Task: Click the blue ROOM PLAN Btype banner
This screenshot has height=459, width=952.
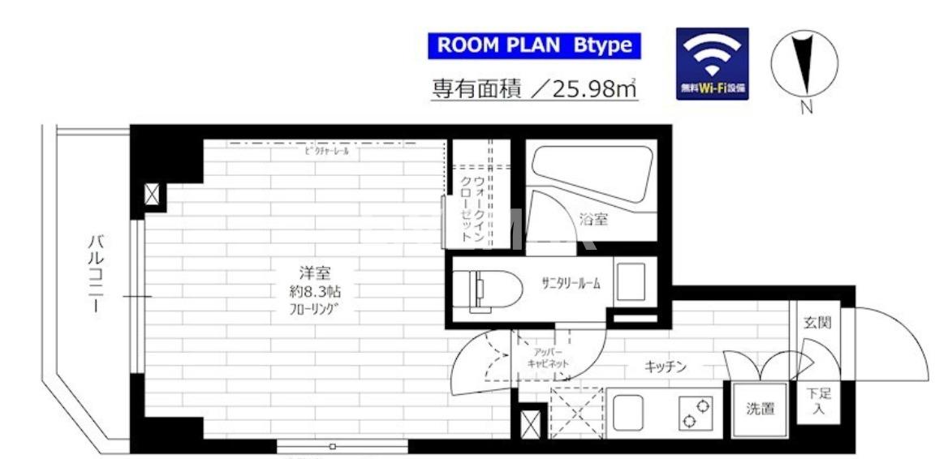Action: pos(534,46)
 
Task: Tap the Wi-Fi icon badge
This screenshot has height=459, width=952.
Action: pos(712,64)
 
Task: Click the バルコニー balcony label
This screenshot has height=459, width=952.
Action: pos(97,273)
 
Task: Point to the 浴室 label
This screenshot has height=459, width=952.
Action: pos(595,219)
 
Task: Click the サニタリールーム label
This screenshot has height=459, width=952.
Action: pos(571,283)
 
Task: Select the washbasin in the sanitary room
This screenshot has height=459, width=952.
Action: pos(631,282)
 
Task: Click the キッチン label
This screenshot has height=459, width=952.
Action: pos(666,367)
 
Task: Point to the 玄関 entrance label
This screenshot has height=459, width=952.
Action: pos(817,323)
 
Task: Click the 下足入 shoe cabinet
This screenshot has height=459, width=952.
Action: pos(817,402)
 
